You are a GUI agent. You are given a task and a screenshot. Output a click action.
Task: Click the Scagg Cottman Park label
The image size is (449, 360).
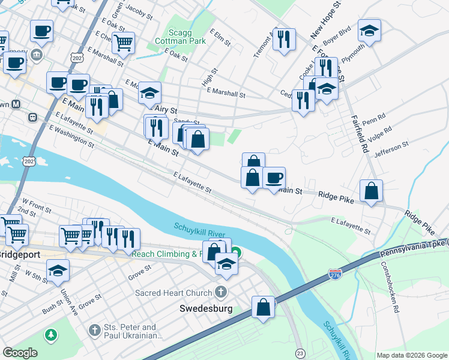click(x=179, y=35)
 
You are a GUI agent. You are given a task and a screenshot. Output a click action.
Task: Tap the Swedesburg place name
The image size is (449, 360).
click(x=206, y=309)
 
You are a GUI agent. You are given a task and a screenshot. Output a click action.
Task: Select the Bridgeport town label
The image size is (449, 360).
click(x=19, y=254)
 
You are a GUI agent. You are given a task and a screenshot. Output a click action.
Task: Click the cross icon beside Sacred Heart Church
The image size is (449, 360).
click(x=221, y=292)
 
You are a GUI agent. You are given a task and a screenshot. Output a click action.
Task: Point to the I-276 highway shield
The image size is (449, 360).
click(x=336, y=274)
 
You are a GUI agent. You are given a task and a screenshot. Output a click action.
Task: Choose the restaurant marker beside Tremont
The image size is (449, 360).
click(x=284, y=40)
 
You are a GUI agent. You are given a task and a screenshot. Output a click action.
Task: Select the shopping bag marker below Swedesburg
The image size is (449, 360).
click(x=263, y=307)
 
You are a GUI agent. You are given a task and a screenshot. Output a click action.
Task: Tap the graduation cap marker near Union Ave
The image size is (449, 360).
click(x=58, y=271)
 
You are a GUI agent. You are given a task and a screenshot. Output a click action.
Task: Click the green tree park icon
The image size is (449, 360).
click(x=52, y=334)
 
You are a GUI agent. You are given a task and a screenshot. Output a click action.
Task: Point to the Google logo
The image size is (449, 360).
click(x=20, y=353)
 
